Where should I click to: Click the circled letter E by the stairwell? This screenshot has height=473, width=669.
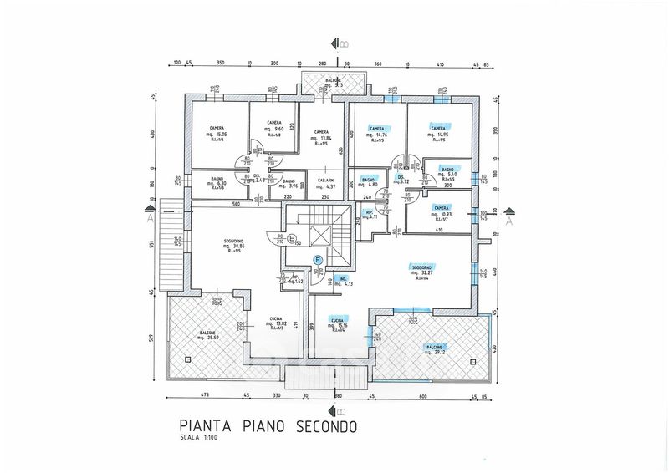click(291, 239)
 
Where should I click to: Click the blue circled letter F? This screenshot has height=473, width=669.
click(318, 261)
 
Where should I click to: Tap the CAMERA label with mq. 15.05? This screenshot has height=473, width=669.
click(217, 128)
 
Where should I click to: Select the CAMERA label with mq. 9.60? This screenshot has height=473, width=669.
click(274, 123)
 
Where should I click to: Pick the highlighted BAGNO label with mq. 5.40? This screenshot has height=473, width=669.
click(447, 169)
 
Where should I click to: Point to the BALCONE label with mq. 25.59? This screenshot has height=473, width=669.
click(207, 333)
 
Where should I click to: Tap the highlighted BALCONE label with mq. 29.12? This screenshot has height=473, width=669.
click(435, 346)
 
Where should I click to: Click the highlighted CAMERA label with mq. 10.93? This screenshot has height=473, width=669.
click(442, 207)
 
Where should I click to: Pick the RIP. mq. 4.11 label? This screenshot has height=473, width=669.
click(369, 212)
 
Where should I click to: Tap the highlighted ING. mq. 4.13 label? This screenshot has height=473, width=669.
click(343, 278)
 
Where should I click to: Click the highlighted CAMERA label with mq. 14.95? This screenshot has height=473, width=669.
click(437, 128)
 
